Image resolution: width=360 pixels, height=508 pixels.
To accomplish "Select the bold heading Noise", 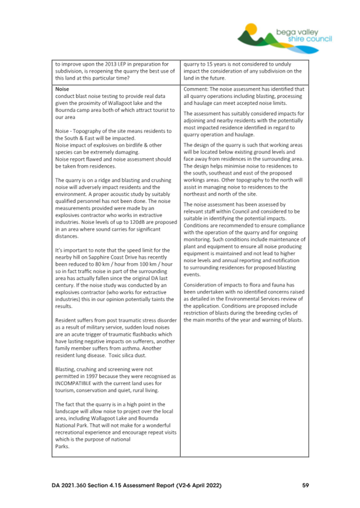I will pyautogui.click(x=62, y=89).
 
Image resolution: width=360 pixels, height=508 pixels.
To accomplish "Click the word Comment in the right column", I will pyautogui.click(x=195, y=89).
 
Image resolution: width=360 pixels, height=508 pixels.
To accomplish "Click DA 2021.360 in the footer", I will pyautogui.click(x=72, y=486).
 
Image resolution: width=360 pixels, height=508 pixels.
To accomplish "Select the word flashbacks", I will pyautogui.click(x=126, y=332).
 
